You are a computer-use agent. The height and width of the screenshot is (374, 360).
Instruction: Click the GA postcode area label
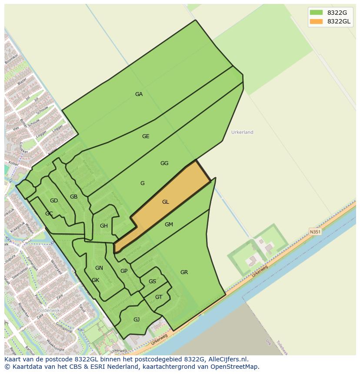(139, 94)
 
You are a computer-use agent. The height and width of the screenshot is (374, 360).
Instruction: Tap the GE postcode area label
(146, 136)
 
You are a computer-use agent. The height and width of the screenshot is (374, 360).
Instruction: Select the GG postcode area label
(164, 163)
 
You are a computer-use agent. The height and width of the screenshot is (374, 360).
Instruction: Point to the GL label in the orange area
(165, 202)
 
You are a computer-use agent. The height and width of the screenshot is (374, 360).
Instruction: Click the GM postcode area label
(169, 225)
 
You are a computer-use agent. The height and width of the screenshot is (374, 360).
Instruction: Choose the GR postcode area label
(184, 272)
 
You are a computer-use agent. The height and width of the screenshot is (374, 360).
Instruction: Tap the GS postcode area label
(152, 281)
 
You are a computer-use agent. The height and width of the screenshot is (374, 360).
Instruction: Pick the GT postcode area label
(159, 297)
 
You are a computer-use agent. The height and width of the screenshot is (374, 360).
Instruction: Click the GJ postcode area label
(137, 320)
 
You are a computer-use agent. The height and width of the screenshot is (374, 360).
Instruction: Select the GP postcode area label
(124, 271)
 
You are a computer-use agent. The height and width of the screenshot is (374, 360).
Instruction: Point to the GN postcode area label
(99, 268)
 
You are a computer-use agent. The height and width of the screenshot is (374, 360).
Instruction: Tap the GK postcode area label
(96, 280)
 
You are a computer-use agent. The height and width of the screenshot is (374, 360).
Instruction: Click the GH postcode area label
(104, 226)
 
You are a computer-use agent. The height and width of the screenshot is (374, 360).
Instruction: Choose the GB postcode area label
(74, 197)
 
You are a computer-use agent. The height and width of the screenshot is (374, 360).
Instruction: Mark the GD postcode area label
(54, 201)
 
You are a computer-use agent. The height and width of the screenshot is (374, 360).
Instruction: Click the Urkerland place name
(242, 132)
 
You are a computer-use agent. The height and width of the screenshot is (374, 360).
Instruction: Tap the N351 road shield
(315, 232)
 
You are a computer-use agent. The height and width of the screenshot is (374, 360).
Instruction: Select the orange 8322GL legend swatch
(316, 21)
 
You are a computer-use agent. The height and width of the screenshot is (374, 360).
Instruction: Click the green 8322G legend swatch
(316, 13)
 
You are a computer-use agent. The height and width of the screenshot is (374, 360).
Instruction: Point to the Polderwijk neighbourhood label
(48, 311)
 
